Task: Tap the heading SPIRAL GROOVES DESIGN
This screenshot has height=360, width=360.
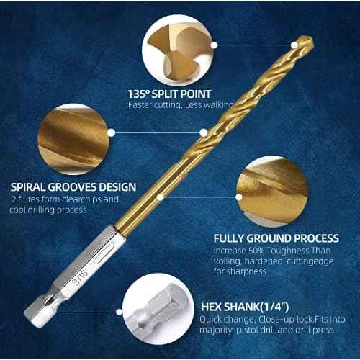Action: [73, 186]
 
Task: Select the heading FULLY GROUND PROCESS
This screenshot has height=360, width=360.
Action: [276, 238]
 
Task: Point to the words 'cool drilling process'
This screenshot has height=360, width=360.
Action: [49, 210]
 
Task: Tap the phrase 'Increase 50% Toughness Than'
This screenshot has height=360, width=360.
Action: [266, 250]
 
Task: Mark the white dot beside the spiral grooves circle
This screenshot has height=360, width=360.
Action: [113, 132]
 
